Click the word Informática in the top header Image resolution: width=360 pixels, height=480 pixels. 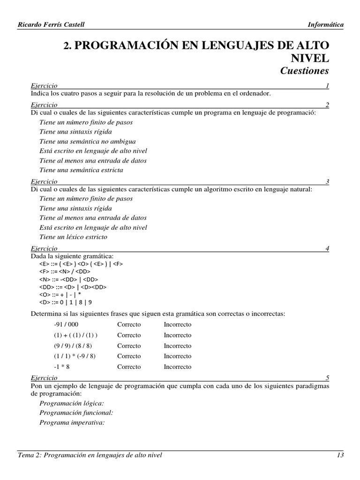click(325, 25)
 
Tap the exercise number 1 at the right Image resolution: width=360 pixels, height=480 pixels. click(327, 86)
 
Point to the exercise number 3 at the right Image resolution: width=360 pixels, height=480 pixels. click(327, 181)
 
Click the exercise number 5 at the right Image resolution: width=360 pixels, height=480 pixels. click(327, 377)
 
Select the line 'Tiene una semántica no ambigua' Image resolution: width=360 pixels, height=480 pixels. click(88, 141)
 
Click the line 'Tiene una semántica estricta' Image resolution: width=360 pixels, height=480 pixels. click(82, 170)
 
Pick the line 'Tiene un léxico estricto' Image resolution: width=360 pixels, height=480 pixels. click(74, 237)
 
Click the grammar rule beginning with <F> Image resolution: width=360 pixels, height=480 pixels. click(65, 271)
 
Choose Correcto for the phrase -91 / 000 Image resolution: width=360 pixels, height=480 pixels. click(129, 325)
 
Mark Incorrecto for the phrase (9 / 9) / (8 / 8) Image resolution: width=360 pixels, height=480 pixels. click(177, 346)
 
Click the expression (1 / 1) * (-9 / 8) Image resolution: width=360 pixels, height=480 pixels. click(75, 356)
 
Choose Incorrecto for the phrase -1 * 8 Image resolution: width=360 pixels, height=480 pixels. click(177, 367)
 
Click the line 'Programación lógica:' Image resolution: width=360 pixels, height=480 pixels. click(72, 403)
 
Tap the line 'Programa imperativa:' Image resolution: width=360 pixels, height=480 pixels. click(72, 422)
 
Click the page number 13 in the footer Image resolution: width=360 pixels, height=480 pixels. click(340, 455)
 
